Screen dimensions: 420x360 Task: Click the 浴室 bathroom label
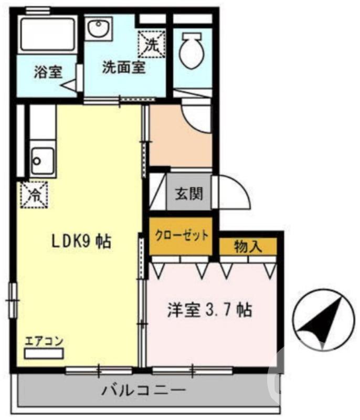click(x=49, y=72)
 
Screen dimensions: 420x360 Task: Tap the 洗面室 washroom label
click(x=124, y=68)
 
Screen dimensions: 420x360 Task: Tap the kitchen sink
click(x=42, y=157)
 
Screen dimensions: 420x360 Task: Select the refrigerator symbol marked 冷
click(x=35, y=195)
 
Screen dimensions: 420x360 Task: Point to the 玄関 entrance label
click(x=189, y=194)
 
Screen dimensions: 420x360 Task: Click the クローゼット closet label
click(x=181, y=235)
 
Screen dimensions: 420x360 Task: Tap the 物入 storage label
click(x=248, y=246)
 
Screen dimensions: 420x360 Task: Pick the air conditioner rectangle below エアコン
click(x=44, y=353)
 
